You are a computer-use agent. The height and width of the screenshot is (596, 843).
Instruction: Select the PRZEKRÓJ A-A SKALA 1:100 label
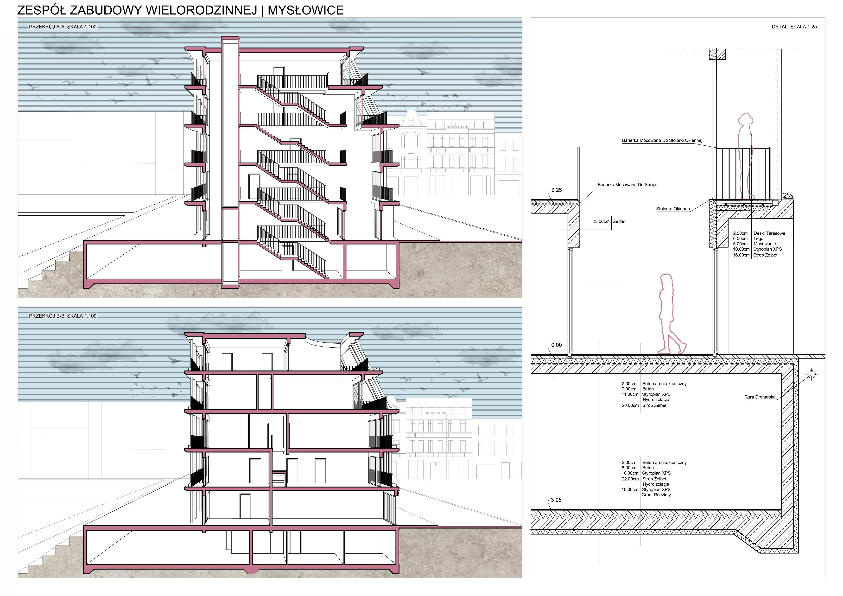click(63, 27)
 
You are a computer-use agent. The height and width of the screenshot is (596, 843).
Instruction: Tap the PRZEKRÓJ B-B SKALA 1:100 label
click(63, 316)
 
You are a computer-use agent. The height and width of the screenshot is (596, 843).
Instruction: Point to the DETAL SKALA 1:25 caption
click(794, 27)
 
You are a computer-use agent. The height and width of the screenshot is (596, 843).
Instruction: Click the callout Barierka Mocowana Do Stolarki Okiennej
click(662, 141)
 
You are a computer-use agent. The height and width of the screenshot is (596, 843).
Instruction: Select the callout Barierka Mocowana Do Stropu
click(627, 185)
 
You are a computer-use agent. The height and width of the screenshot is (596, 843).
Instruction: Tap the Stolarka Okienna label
click(673, 209)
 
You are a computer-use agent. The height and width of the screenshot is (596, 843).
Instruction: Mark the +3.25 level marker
click(555, 190)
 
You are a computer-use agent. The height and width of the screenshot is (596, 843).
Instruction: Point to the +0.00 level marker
click(555, 345)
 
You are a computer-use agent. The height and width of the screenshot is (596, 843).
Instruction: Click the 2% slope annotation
click(787, 196)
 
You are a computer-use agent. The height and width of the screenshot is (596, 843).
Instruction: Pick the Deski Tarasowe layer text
click(769, 233)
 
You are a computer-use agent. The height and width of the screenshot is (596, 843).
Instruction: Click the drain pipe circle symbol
click(812, 374)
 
